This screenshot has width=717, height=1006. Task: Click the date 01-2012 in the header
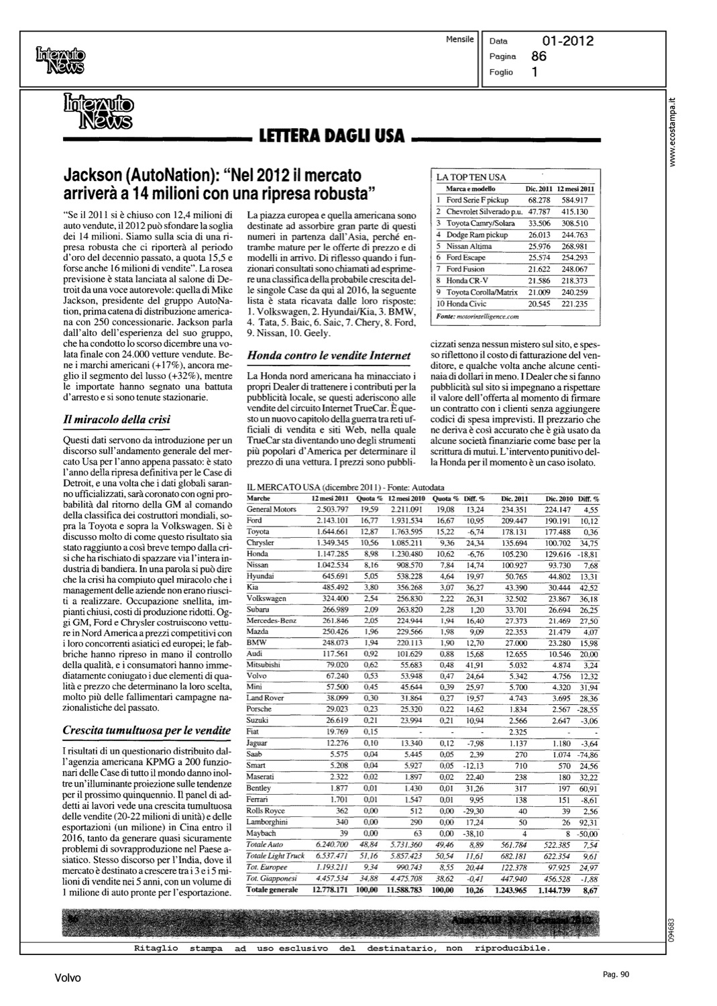(x=567, y=42)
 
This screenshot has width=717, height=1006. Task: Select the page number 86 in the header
(x=539, y=56)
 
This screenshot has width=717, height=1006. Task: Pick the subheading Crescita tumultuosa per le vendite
(x=146, y=730)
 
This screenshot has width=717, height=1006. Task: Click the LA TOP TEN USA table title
(x=471, y=178)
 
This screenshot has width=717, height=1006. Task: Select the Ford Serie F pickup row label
(x=478, y=200)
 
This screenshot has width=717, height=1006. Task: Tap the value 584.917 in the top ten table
(x=575, y=200)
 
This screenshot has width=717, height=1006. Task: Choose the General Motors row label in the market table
(x=272, y=509)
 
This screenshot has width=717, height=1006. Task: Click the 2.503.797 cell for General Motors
(x=331, y=509)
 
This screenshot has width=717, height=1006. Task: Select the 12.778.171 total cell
(x=329, y=889)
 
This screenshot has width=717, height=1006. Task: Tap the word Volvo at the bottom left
(x=68, y=979)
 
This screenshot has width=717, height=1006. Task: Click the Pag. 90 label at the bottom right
(x=612, y=975)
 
